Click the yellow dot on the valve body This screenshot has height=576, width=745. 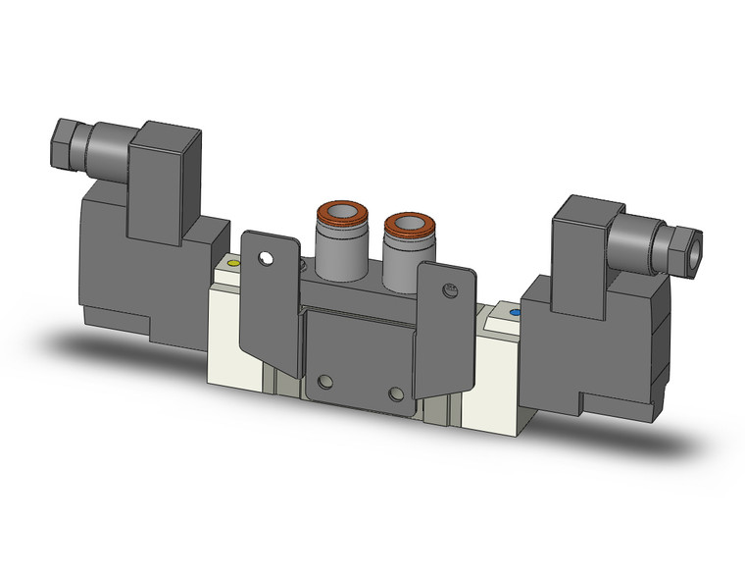[233, 265]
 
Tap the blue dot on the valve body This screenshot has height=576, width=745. [516, 313]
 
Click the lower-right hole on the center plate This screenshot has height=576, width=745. [395, 393]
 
